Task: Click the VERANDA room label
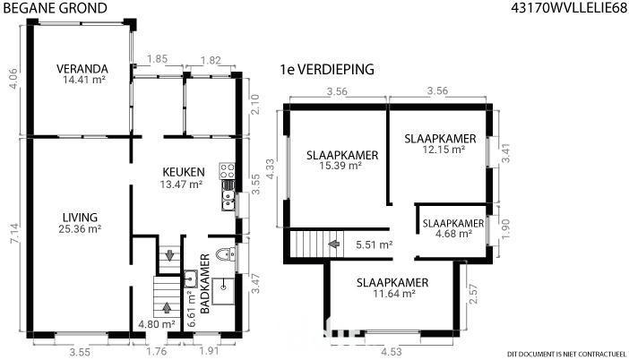pos(82,69)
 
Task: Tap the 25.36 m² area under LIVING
pos(80,229)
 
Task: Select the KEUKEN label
pos(184,172)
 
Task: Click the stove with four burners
pos(227,171)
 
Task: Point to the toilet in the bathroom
pos(225,253)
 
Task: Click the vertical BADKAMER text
pos(204,283)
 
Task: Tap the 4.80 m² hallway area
pos(157,324)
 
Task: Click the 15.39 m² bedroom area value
pos(341,165)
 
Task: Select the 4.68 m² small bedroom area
pos(453,234)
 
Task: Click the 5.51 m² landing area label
pos(374,244)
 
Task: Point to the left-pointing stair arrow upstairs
pos(334,244)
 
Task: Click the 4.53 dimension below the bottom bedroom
pos(392,352)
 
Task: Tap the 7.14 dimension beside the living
pos(13,234)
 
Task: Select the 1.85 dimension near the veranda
pos(157,59)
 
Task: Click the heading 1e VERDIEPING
pos(327,69)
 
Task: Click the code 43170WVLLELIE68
pos(569,8)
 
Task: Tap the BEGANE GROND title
pos(55,8)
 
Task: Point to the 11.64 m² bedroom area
pos(394,294)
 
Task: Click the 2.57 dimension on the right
pos(473,294)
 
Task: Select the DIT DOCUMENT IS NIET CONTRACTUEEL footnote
pos(566,354)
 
